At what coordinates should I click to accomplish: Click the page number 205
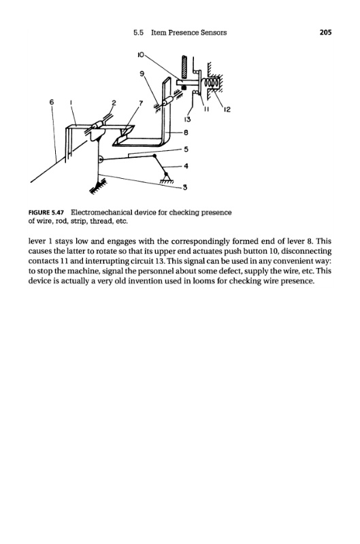325,32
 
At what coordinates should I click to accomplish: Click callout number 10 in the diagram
141,54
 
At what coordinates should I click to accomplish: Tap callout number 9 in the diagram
142,73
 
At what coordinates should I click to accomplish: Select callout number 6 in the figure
52,102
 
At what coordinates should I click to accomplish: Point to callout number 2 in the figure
114,103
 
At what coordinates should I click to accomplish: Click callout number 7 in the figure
141,103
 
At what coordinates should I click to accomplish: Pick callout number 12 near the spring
227,109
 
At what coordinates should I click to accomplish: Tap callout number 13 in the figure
187,120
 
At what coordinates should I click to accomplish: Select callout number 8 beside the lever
186,133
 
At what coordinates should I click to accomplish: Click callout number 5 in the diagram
186,149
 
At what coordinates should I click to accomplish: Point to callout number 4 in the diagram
186,166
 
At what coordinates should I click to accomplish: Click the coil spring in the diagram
211,83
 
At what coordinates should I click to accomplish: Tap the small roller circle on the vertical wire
100,160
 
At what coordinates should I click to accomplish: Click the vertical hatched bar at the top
184,67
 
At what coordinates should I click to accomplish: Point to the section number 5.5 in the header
139,33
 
